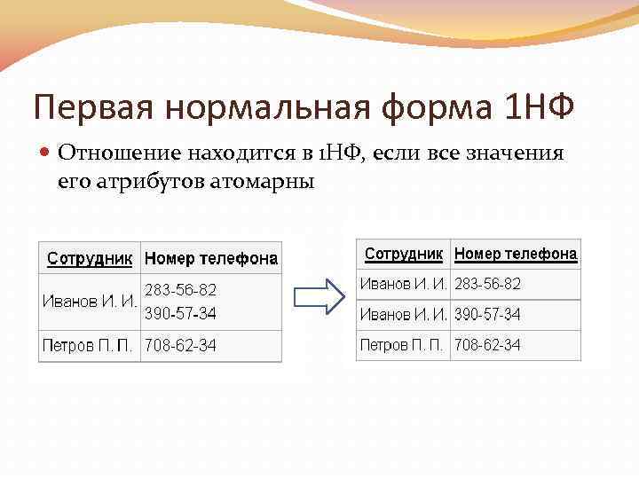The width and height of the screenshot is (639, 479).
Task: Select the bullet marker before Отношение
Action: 46,153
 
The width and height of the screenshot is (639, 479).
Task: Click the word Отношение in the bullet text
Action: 118,153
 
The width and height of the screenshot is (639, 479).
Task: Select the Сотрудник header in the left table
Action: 90,259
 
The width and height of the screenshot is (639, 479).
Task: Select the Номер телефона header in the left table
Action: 211,259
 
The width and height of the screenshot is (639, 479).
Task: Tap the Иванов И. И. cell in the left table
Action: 90,302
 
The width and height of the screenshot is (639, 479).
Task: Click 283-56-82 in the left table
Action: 180,289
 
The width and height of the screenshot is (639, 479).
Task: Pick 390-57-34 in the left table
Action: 180,313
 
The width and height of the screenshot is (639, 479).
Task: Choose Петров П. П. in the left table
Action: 90,345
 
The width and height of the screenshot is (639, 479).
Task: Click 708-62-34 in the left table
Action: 180,345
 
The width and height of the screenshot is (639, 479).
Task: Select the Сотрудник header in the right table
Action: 404,254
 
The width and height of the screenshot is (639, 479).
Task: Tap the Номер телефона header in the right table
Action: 516,254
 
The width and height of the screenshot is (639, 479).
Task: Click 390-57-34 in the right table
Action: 487,314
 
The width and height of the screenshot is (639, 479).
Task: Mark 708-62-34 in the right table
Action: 487,344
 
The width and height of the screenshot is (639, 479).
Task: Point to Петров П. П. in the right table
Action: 404,344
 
